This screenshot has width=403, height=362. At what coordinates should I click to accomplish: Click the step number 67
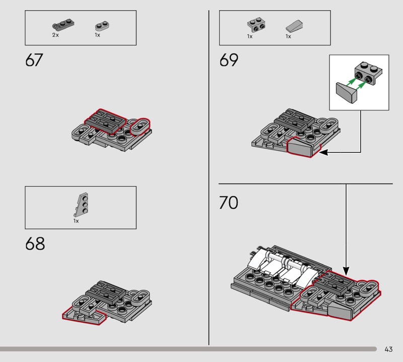[x=34, y=60]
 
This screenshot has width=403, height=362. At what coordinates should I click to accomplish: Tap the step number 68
[x=35, y=244]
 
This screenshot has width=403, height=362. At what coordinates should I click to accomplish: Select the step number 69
[x=229, y=60]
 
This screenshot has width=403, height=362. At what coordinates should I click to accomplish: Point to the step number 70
[x=229, y=203]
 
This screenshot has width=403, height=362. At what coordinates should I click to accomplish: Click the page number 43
[x=388, y=349]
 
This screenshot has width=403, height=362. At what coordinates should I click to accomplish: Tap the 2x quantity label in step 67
[x=55, y=35]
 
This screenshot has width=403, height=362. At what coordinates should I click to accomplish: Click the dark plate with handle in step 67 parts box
[x=63, y=24]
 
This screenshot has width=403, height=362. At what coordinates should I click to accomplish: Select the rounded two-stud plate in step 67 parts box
[x=102, y=26]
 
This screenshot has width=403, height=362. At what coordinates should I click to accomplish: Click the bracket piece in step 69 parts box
[x=256, y=25]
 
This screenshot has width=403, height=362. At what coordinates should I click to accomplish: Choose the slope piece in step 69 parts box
[x=294, y=26]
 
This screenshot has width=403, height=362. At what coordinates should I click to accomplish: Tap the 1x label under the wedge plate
[x=76, y=221]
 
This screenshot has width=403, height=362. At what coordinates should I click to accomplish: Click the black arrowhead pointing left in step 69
[x=323, y=153]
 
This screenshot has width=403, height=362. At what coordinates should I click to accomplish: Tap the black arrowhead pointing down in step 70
[x=346, y=271]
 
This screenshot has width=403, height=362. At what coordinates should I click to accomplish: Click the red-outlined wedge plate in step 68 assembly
[x=84, y=316]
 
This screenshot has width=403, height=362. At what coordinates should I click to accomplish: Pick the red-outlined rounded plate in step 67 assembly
[x=140, y=127]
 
